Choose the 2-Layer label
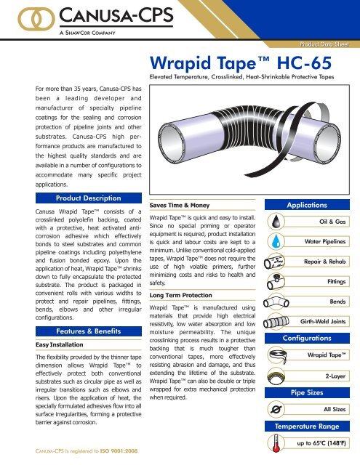[338, 378]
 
